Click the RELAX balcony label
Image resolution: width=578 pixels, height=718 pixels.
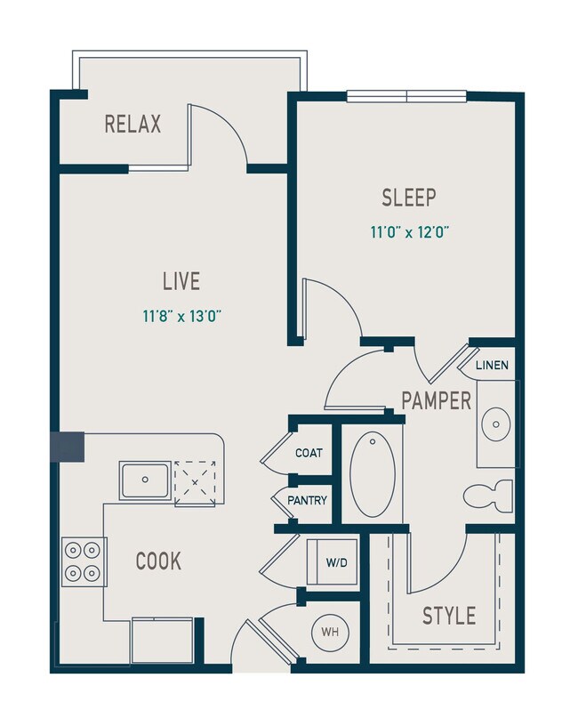(133, 124)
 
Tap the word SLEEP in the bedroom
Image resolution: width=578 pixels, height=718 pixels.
(410, 197)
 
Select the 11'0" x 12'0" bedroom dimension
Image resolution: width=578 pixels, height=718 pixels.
(410, 233)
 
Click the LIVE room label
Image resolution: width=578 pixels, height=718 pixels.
(181, 282)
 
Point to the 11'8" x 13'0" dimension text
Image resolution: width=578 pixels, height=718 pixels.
(181, 314)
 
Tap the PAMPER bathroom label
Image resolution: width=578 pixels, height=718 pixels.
(436, 400)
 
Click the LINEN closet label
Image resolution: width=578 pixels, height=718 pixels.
(492, 366)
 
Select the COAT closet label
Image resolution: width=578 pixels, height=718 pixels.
(309, 453)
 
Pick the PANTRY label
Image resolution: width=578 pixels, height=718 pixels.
(307, 501)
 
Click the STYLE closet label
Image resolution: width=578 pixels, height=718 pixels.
(448, 615)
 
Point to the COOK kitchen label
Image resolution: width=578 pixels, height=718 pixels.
(158, 561)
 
